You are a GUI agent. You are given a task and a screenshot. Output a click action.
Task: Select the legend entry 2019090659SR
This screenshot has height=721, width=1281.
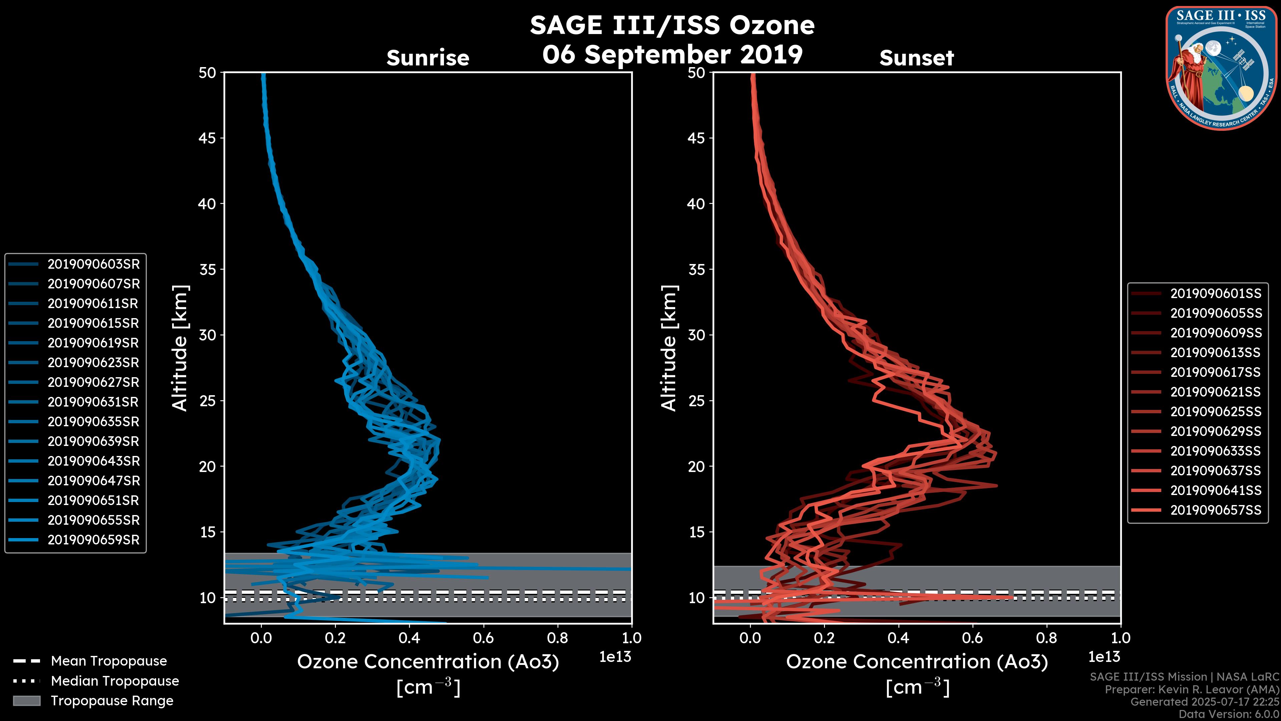click(93, 540)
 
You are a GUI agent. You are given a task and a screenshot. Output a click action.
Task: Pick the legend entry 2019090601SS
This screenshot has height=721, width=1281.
click(1215, 294)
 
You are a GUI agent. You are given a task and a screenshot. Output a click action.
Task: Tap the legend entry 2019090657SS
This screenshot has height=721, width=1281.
click(1215, 510)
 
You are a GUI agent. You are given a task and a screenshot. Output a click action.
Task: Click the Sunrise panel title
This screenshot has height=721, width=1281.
click(428, 58)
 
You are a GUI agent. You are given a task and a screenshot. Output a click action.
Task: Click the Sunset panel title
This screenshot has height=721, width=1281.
click(916, 58)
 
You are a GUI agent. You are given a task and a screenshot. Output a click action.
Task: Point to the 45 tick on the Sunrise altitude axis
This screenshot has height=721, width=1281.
click(207, 138)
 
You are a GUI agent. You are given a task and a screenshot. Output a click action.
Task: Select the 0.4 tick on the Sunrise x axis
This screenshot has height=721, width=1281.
click(409, 638)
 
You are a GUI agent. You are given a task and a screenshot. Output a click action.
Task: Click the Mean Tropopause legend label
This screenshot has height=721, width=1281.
click(109, 661)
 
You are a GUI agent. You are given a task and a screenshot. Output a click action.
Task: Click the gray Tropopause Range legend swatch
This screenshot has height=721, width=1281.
click(26, 701)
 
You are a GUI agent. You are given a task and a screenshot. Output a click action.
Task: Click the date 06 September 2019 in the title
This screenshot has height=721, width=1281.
click(672, 55)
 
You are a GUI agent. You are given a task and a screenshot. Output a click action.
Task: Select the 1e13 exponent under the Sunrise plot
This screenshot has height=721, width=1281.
click(615, 657)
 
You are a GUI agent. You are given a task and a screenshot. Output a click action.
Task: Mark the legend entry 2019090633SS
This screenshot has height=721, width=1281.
click(1215, 451)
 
